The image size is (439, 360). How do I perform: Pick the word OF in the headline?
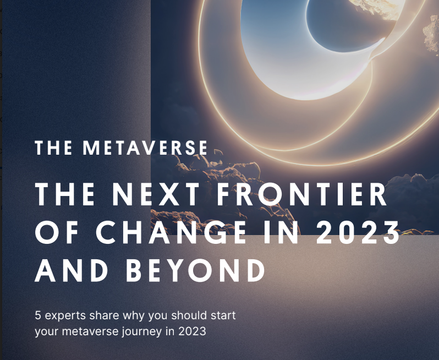56,233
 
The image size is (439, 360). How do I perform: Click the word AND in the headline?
72,271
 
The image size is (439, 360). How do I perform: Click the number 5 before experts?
37,317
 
